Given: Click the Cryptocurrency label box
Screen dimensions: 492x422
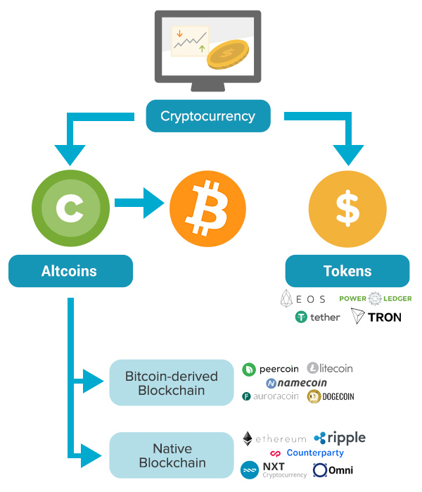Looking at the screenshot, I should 207,116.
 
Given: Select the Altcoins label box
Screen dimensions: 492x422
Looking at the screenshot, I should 70,271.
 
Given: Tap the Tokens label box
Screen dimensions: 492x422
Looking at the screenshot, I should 347,271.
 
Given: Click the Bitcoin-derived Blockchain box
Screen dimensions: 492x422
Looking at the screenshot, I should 171,383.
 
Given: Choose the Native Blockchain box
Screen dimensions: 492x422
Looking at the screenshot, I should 172,455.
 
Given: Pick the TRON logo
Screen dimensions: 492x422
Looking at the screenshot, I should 376,317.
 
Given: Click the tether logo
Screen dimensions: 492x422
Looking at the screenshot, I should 318,317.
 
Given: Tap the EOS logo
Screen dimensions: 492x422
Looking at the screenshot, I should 303,298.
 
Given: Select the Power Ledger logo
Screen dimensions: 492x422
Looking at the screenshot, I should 376,298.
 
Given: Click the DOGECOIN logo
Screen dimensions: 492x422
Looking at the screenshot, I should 331,396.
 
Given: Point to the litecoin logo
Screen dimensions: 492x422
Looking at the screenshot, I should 330,368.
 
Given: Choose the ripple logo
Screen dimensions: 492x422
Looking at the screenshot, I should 340,438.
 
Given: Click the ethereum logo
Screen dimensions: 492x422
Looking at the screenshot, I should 274,439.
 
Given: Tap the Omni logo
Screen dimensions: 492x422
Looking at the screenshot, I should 333,470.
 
